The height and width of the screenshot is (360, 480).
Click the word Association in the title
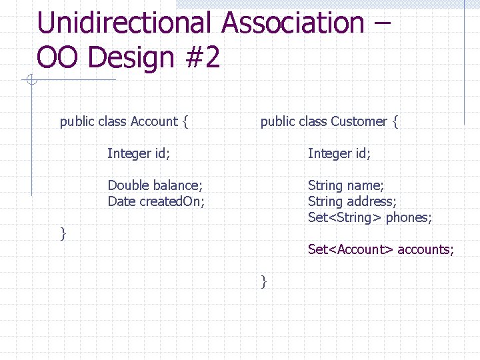pyautogui.click(x=293, y=23)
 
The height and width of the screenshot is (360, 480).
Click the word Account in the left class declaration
pyautogui.click(x=154, y=121)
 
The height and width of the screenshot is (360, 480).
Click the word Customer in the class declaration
pyautogui.click(x=359, y=121)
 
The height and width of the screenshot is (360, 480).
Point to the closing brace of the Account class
pyautogui.click(x=63, y=233)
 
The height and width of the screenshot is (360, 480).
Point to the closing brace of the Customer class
pyautogui.click(x=264, y=281)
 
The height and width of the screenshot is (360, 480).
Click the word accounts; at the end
pyautogui.click(x=426, y=249)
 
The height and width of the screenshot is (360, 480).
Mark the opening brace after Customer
pyautogui.click(x=395, y=122)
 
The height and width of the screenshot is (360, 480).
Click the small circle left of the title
pyautogui.click(x=31, y=81)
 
